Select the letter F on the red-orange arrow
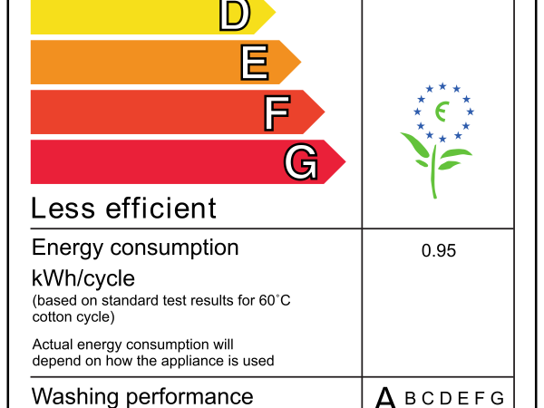[277, 112]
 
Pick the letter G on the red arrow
[301, 162]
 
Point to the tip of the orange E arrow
[299, 62]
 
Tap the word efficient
[160, 209]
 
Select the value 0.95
[439, 251]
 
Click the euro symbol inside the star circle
[442, 112]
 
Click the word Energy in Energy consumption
[65, 248]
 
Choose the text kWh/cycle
[83, 277]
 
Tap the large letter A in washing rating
[386, 398]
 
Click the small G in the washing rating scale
[496, 398]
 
